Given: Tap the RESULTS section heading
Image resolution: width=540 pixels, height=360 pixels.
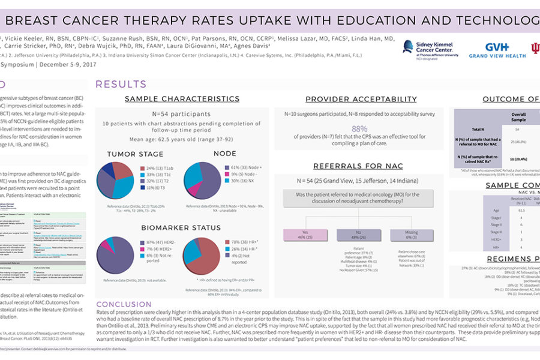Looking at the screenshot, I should [x=121, y=84].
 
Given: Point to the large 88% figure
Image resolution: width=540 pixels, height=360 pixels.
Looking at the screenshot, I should [x=359, y=128].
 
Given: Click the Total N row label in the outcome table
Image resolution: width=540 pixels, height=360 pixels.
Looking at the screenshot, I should [x=476, y=129].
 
